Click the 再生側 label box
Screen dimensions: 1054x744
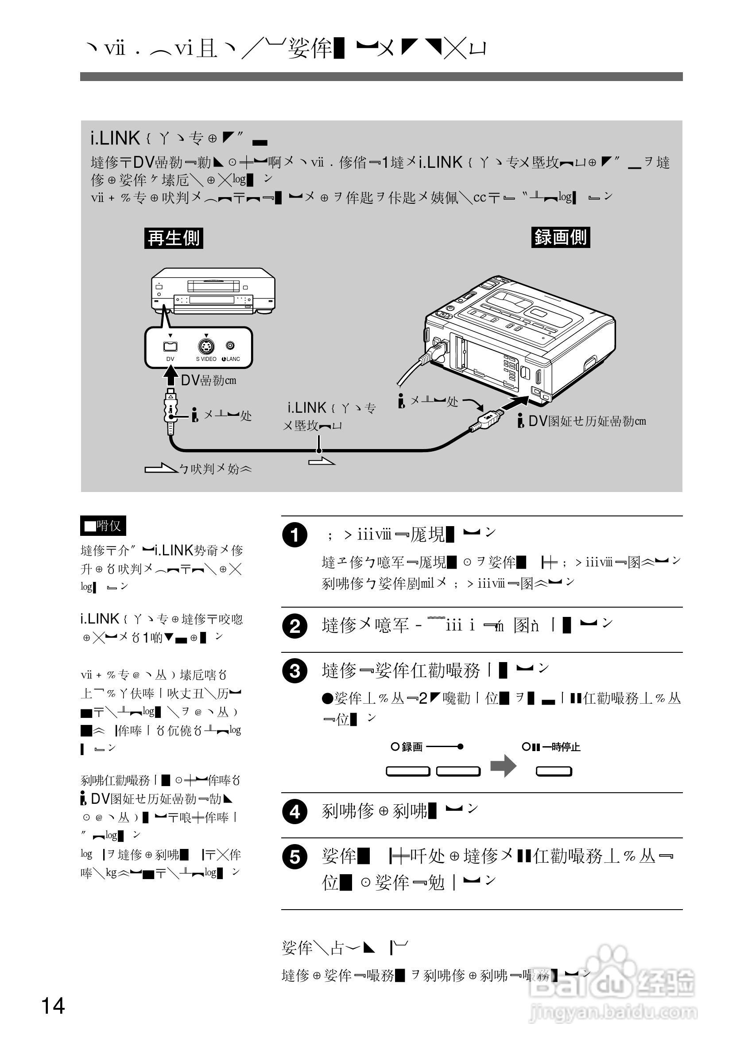coord(174,238)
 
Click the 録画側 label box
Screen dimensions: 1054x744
coord(560,237)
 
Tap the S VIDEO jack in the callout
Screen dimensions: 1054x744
coord(206,347)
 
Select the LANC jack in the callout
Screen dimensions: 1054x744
coord(230,346)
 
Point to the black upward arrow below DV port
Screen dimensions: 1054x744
coord(171,375)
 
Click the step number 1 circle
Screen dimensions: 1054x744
coord(294,535)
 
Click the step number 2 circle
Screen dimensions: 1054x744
coord(294,626)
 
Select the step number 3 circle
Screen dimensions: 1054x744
coord(294,671)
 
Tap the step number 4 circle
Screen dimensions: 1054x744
coord(294,812)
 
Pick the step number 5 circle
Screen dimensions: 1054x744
coord(294,857)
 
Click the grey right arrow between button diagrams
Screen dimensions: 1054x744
coord(504,766)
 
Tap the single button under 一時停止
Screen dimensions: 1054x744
coord(554,771)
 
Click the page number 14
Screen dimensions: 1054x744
coord(53,1006)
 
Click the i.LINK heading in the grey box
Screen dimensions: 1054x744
coord(115,138)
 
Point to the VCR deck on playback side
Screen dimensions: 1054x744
coord(213,291)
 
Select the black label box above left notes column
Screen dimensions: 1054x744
coord(103,526)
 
